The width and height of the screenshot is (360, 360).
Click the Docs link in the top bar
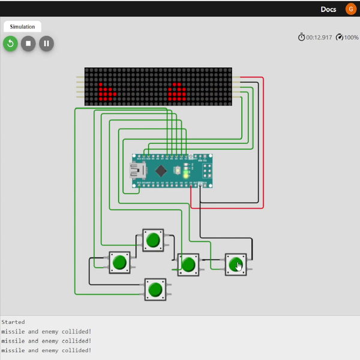coord(328,9)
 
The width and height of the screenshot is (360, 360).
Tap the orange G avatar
coord(350,9)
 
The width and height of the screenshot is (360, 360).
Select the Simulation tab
coord(22,27)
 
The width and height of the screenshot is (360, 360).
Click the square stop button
coord(28,43)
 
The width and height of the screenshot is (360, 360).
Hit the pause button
coord(46,43)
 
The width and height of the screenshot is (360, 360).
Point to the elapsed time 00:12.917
coord(319,37)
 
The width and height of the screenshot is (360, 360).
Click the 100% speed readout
coord(351,37)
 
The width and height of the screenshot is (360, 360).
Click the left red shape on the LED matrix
coord(107,91)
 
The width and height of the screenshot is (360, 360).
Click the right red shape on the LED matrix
coord(176,91)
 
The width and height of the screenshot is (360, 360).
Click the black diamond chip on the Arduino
coord(161,170)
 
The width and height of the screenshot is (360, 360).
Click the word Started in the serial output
coord(13,322)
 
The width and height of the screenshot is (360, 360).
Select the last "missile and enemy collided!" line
coord(46,350)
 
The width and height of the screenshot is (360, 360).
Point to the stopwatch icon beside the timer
coord(301,37)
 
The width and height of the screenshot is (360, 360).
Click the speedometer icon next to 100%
coord(340,37)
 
